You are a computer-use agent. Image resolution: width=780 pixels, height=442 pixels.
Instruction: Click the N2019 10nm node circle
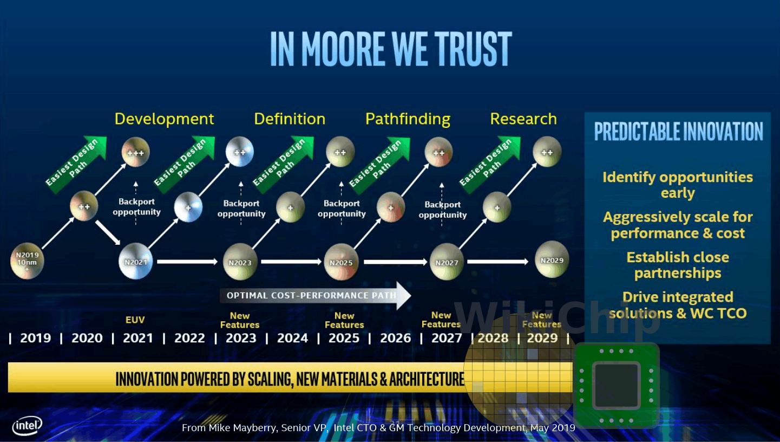point(27,262)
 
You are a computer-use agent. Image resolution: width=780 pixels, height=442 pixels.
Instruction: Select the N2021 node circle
point(135,262)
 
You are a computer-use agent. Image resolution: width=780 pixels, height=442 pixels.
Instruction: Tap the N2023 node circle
point(240,262)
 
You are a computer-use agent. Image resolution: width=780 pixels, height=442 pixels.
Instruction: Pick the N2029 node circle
point(552,259)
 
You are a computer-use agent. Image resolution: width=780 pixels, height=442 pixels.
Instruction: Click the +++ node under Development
point(135,152)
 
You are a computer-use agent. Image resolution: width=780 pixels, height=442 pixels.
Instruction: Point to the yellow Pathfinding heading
point(408,119)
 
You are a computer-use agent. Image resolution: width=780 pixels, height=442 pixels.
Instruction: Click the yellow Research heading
point(523,119)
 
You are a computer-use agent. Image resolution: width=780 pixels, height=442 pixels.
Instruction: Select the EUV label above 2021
point(135,320)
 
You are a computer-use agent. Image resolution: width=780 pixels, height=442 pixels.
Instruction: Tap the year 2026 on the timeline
point(395,339)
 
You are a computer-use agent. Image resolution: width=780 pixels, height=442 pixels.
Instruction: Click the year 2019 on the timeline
point(35,339)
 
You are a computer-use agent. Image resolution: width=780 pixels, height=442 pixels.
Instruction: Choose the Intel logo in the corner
point(27,426)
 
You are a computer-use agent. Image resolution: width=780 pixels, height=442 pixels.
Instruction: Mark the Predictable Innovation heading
point(678,132)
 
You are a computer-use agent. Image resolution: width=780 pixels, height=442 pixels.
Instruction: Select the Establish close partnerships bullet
point(678,265)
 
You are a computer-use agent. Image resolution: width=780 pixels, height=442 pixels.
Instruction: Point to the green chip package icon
point(616,385)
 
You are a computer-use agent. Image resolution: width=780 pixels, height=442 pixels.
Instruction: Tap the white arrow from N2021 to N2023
point(187,262)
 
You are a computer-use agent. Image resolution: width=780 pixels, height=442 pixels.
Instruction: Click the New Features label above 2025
point(344,320)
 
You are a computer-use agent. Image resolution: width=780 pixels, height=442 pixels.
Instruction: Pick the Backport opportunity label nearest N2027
point(442,210)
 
